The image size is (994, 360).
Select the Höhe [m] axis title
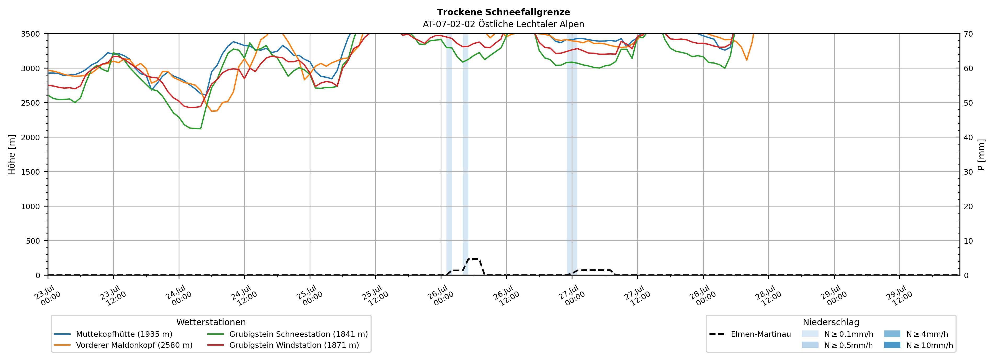click(x=12, y=154)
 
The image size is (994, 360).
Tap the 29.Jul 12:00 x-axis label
click(x=899, y=296)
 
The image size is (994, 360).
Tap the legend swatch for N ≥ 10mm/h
click(x=892, y=345)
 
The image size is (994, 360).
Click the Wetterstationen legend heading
click(x=211, y=322)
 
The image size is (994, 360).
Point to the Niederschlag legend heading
click(x=831, y=322)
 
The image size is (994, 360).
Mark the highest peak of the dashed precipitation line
click(x=473, y=259)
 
